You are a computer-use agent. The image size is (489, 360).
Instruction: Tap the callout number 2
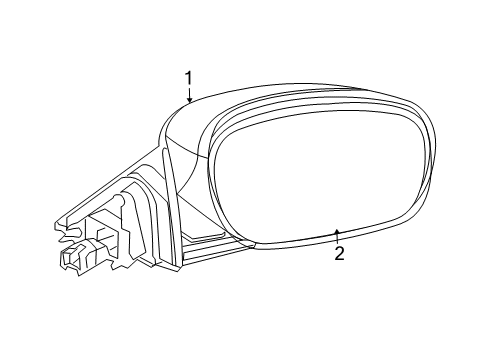click(x=339, y=253)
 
